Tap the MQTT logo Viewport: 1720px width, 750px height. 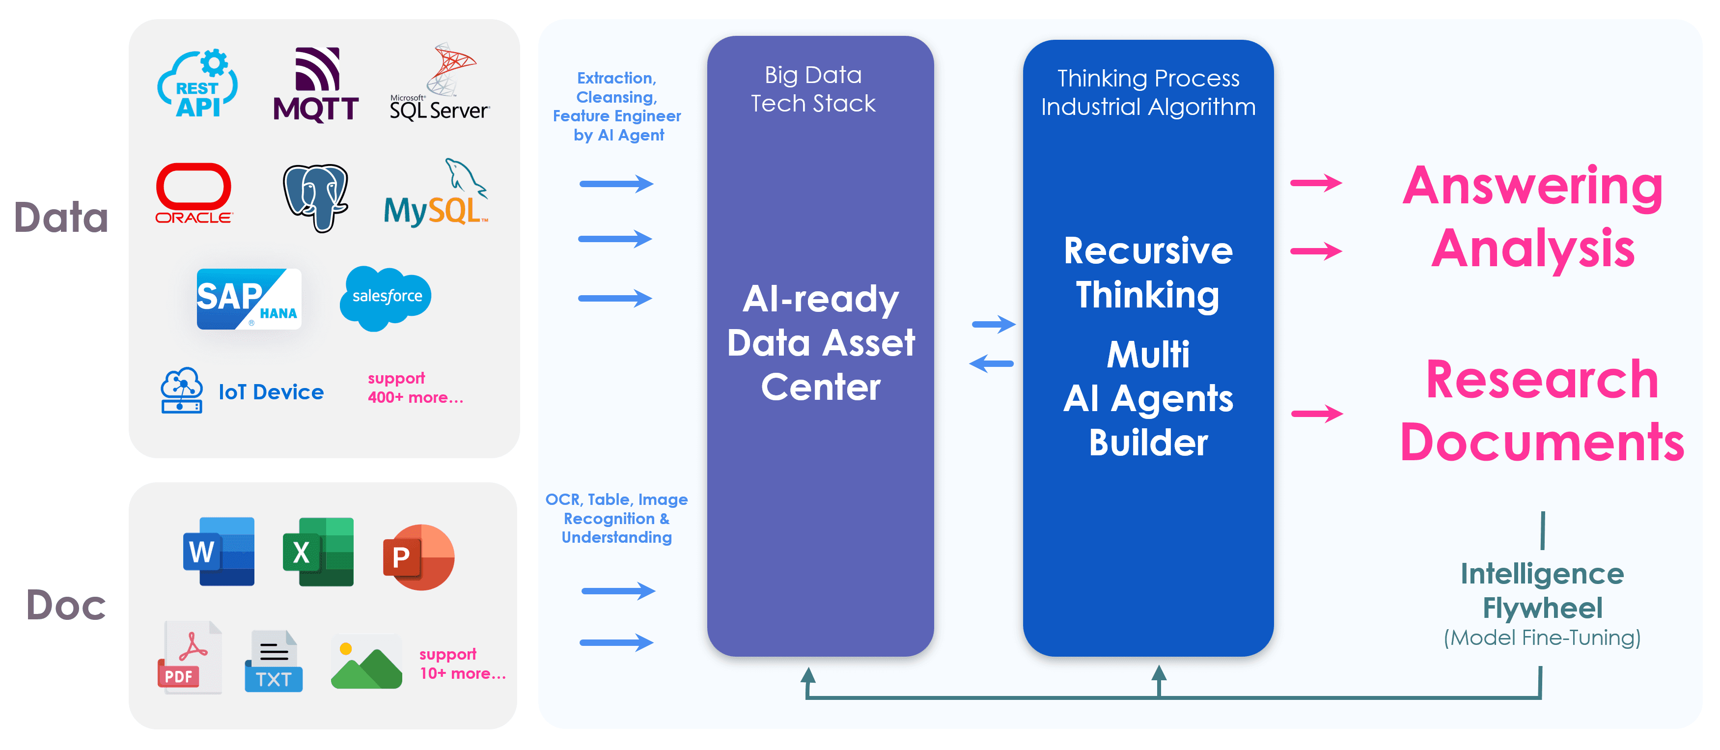[x=316, y=85]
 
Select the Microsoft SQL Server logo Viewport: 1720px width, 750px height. [x=440, y=83]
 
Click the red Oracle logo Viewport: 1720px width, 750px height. [x=194, y=193]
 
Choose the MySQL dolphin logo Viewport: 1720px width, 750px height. [x=436, y=194]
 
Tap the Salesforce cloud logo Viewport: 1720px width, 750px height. [x=386, y=297]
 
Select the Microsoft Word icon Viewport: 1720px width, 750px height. [x=219, y=552]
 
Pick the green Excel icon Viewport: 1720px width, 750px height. [x=318, y=552]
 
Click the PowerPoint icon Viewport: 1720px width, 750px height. [x=418, y=557]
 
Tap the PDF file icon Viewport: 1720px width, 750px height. [x=190, y=657]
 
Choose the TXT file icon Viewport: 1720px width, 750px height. [x=274, y=661]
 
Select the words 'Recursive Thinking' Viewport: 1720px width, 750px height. [x=1148, y=273]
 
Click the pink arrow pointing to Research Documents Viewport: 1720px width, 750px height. [x=1317, y=414]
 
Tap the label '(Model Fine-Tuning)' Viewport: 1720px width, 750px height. [x=1542, y=638]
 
